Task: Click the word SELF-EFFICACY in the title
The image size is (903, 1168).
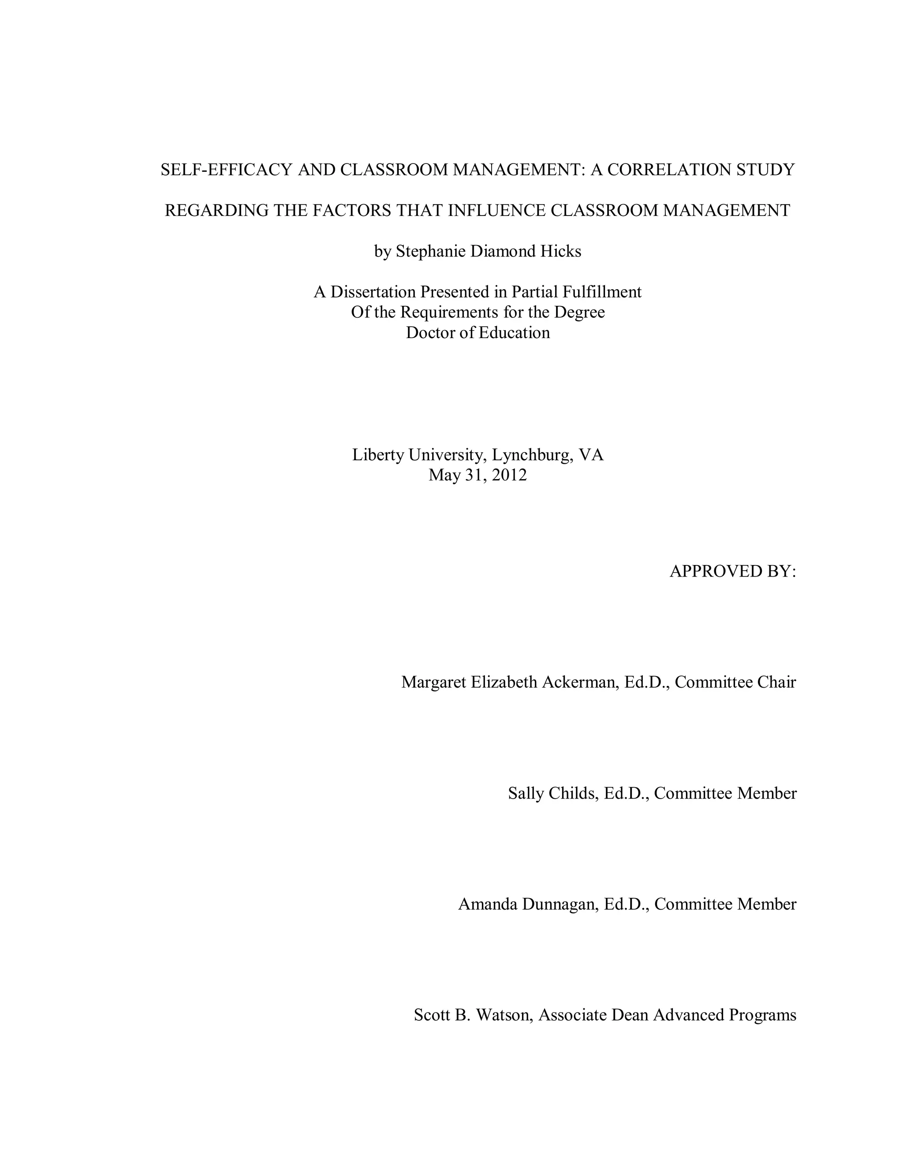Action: point(226,170)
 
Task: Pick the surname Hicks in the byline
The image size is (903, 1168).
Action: point(560,251)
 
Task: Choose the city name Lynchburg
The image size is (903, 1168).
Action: point(532,455)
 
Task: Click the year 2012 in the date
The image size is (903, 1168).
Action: point(509,475)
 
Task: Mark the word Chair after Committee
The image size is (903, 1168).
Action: point(777,682)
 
